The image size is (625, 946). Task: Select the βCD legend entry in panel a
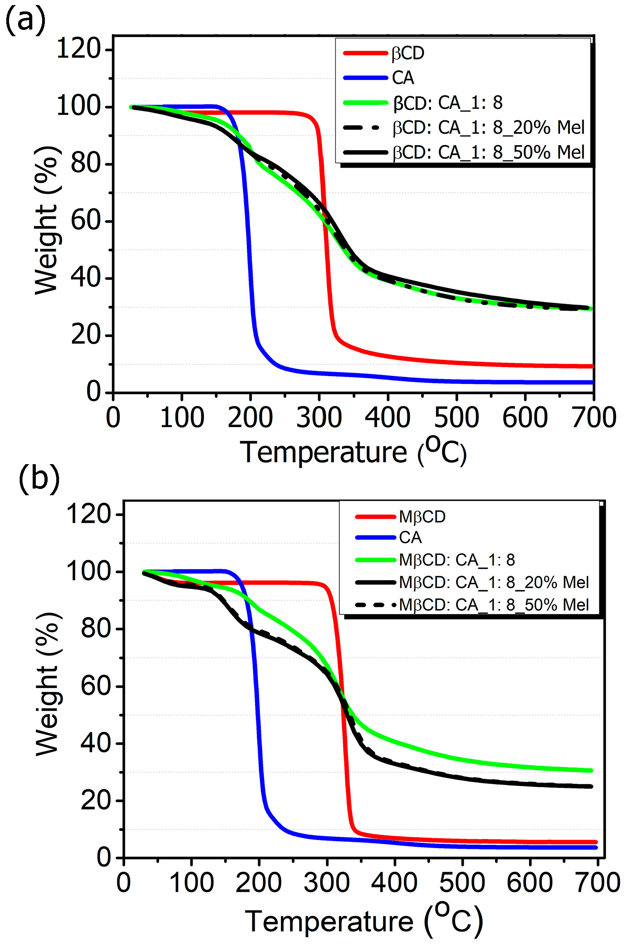point(408,53)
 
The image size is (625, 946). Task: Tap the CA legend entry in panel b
point(410,538)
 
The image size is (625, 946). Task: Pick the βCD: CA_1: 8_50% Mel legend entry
point(489,152)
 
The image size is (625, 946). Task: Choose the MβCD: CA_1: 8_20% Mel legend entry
point(494,582)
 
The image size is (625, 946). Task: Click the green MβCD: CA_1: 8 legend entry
point(457,560)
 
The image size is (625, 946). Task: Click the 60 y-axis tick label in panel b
point(96,686)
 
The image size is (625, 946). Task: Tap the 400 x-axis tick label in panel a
point(387,418)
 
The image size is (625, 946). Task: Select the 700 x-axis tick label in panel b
point(597,883)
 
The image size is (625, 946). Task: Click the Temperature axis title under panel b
point(364,921)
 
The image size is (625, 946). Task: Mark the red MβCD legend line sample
point(375,516)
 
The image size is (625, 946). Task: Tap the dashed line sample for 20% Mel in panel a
point(365,127)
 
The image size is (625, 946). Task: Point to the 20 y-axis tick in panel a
point(86,335)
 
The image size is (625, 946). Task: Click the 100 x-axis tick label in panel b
point(191,883)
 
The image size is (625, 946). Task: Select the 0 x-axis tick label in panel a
point(113,418)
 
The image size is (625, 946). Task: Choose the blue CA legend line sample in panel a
point(365,78)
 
